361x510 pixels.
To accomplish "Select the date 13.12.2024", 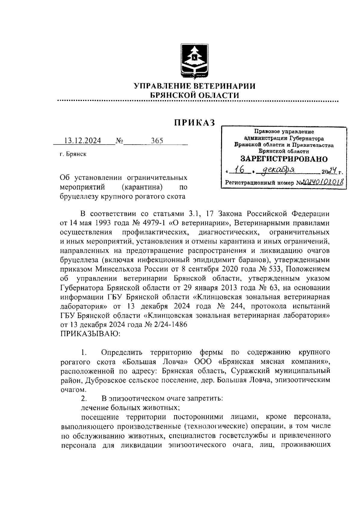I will click(83, 140).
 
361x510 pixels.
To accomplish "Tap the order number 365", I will click(157, 140).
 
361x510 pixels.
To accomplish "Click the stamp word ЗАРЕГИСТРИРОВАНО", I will click(284, 159).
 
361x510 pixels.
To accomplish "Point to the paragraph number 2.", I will click(84, 399).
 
